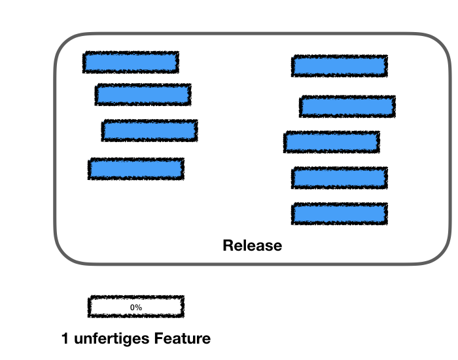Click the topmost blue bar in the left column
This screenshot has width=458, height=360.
click(x=131, y=62)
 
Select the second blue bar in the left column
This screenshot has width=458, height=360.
click(x=143, y=94)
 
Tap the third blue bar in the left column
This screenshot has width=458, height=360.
click(x=150, y=130)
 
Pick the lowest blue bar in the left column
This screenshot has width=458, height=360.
click(x=136, y=169)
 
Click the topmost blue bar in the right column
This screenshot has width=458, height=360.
click(x=340, y=65)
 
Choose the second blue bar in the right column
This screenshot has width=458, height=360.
click(x=347, y=107)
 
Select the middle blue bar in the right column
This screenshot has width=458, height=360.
click(x=332, y=142)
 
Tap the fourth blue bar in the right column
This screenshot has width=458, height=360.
click(x=340, y=177)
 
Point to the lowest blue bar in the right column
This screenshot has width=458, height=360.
click(x=340, y=213)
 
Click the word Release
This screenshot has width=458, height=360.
click(x=253, y=246)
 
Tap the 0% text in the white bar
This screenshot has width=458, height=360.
click(x=136, y=306)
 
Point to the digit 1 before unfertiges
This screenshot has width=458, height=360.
click(x=65, y=339)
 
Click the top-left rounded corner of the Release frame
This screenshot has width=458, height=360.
click(x=62, y=42)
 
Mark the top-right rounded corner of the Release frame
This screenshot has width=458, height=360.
click(x=445, y=42)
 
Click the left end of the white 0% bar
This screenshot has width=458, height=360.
click(x=91, y=306)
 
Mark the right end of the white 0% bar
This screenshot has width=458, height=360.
click(x=181, y=306)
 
